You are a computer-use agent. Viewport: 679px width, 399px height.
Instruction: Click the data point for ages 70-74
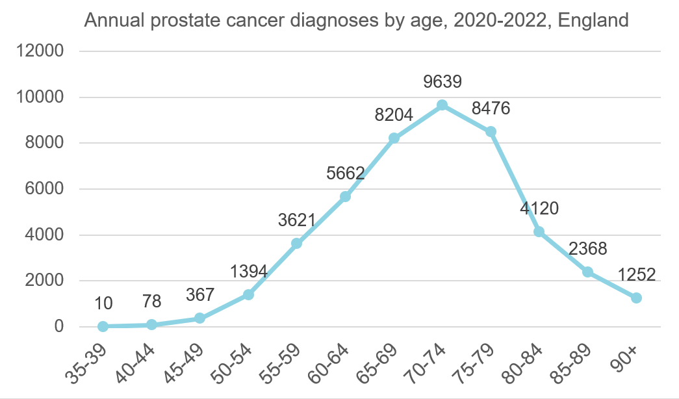pos(442,105)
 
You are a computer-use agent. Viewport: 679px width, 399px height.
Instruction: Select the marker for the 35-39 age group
pos(103,326)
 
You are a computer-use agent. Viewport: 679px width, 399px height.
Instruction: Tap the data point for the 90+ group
pos(636,298)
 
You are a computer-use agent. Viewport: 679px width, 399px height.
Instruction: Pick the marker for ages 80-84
pos(539,231)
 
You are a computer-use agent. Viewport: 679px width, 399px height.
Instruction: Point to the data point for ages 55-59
pos(296,243)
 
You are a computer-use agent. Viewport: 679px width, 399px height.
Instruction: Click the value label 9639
pos(442,82)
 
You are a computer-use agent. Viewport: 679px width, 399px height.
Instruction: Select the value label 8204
pos(393,115)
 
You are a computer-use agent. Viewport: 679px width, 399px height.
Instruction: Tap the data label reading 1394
pos(248,271)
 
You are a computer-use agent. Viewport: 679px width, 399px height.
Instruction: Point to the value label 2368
pos(587,249)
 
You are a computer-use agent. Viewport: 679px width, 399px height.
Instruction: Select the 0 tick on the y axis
pos(59,326)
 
